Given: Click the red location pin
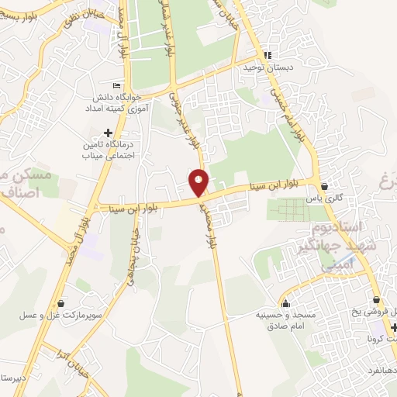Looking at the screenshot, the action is coord(199,181).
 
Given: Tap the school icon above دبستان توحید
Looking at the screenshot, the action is coord(268,55).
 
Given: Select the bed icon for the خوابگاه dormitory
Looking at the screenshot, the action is coord(117,85).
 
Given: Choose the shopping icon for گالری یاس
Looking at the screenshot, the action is coord(324,186).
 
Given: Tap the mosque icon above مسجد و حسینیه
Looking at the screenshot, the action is coord(286,303).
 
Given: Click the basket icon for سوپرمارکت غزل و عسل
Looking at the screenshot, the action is coord(61,303).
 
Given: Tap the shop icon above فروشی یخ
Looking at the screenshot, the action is coord(376,299).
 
